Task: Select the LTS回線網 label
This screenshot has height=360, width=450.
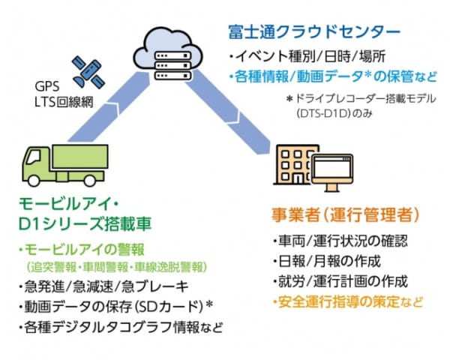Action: (x=64, y=101)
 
